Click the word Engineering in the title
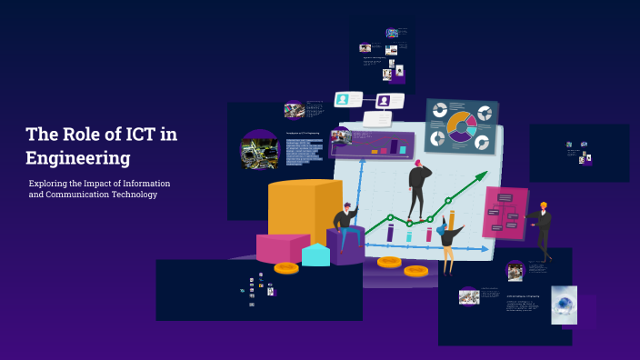pyautogui.click(x=78, y=158)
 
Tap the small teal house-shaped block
pyautogui.click(x=315, y=255)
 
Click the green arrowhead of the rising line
pyautogui.click(x=483, y=175)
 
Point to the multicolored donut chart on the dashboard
pyautogui.click(x=462, y=126)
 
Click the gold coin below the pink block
pyautogui.click(x=286, y=268)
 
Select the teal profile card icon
pyautogui.click(x=344, y=100)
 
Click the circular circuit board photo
pyautogui.click(x=259, y=150)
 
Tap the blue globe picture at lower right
pyautogui.click(x=564, y=305)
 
